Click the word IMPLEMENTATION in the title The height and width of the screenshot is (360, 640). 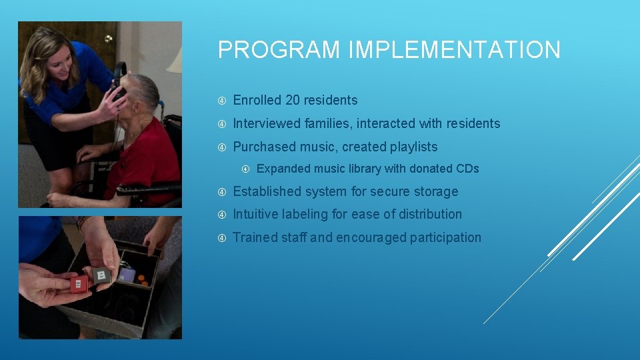point(448,51)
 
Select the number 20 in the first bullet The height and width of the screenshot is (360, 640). point(293,101)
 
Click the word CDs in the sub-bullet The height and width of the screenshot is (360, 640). point(467,169)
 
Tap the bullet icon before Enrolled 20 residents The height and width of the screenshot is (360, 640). point(222,101)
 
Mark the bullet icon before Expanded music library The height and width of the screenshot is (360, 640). point(246,169)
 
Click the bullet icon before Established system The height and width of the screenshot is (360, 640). point(222,192)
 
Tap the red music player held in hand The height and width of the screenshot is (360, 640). point(79,284)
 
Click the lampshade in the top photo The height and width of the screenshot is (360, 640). point(175,59)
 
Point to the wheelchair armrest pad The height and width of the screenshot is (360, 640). point(143,189)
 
